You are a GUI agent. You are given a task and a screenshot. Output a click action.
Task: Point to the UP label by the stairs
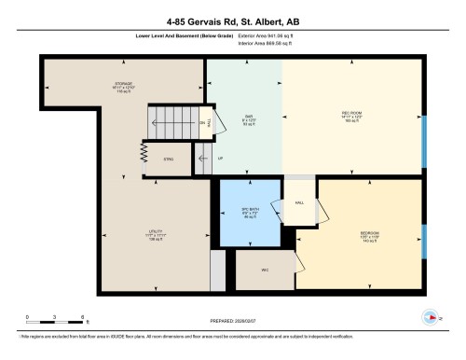click(x=220, y=159)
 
